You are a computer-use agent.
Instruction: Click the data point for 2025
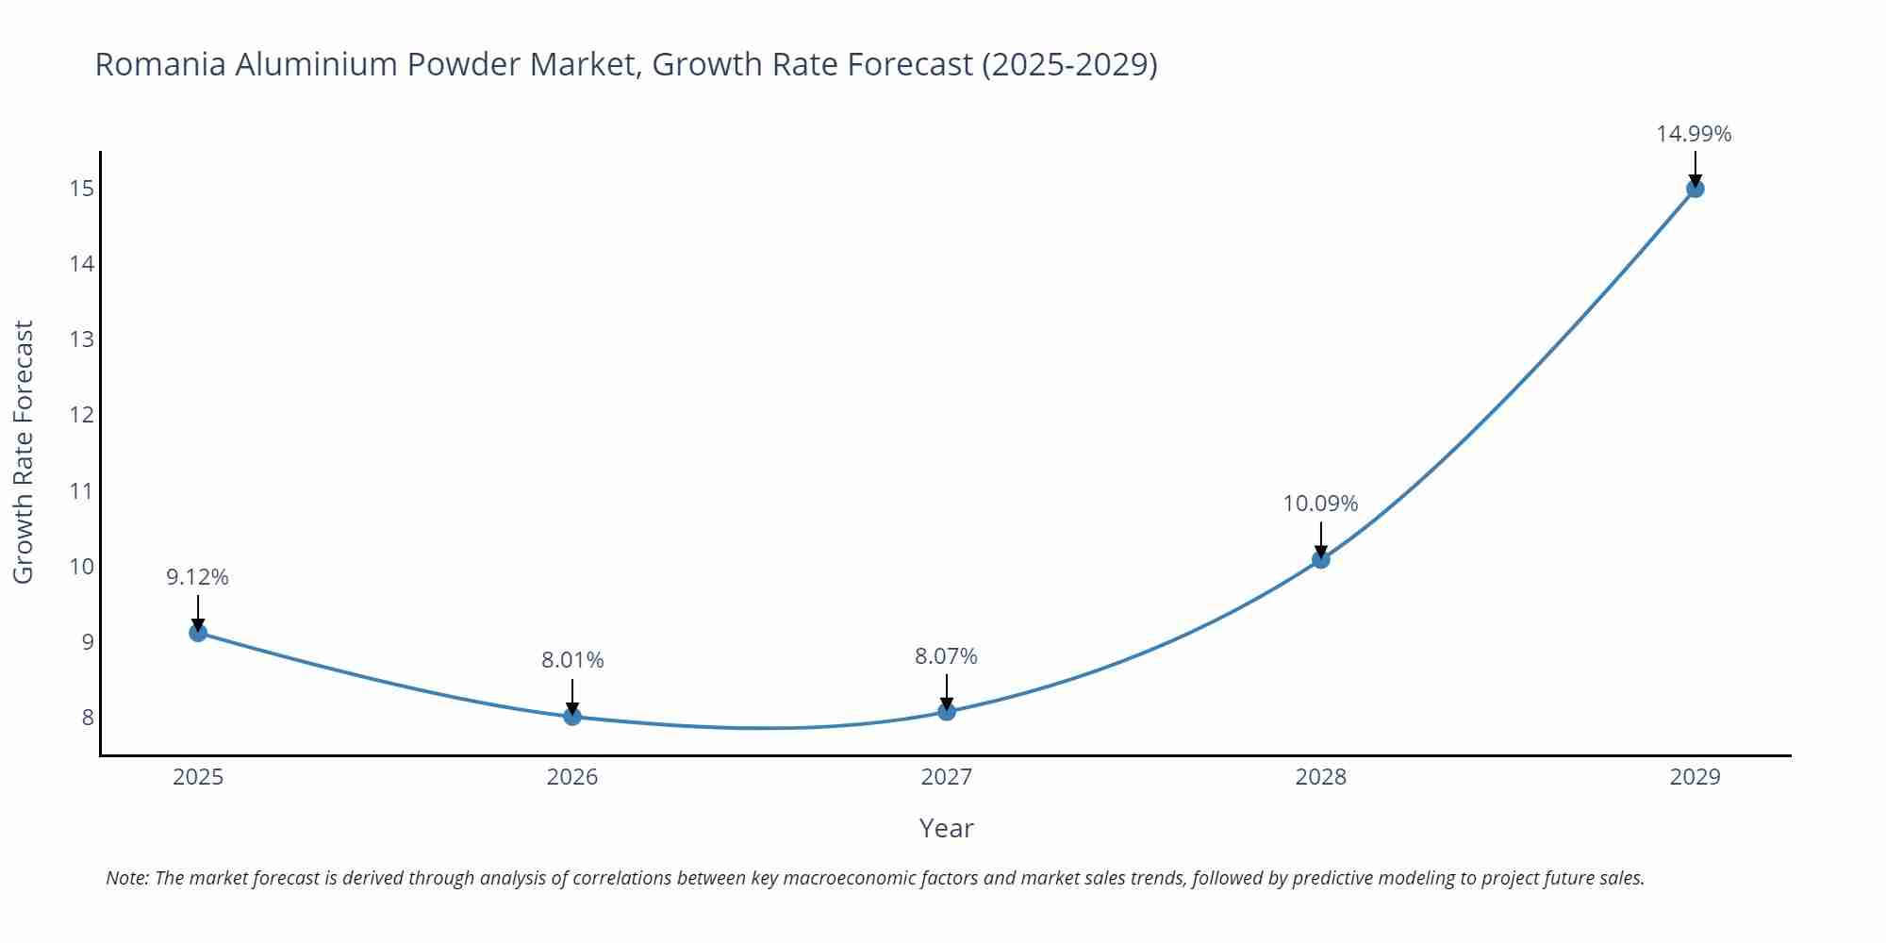coord(198,633)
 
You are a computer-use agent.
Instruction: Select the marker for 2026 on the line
coord(572,717)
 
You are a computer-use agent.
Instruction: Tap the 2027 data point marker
coord(947,712)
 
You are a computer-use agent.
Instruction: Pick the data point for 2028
coord(1321,559)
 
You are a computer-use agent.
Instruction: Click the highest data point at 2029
coord(1695,189)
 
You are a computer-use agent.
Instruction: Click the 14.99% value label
coord(1694,134)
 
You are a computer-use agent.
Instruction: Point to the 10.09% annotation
coord(1320,504)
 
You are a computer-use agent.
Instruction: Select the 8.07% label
coord(946,656)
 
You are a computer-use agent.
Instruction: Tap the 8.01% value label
coord(572,660)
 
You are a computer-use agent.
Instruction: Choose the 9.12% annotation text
coord(197,577)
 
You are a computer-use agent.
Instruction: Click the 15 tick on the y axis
coord(82,189)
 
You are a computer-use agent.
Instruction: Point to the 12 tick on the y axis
coord(82,415)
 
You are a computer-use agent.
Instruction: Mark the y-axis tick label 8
coord(88,718)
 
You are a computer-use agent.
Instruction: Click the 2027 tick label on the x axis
coord(946,777)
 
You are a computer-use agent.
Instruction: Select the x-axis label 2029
coord(1695,777)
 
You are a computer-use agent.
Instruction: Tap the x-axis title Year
coord(946,828)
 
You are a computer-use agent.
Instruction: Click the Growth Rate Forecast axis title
coord(24,452)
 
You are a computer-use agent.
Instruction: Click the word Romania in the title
coord(160,64)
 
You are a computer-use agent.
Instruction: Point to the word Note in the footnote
coord(126,878)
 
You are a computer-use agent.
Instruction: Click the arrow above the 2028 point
coord(1321,540)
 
